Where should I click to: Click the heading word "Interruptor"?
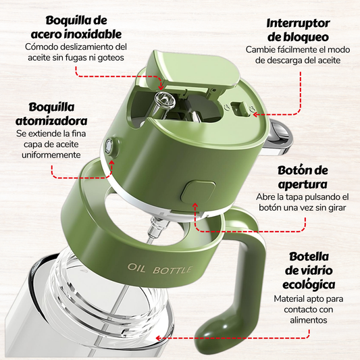(298, 24)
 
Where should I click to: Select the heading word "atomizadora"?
(51, 121)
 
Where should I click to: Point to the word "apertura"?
(303, 184)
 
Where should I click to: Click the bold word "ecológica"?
(309, 285)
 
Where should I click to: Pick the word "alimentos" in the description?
(309, 320)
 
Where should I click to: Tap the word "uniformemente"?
(51, 155)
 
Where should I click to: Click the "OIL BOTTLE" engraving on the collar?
(159, 269)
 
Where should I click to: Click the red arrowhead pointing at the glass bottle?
(158, 338)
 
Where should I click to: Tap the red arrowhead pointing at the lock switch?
(255, 114)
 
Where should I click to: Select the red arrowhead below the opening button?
(195, 206)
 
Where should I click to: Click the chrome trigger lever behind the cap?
(279, 137)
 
